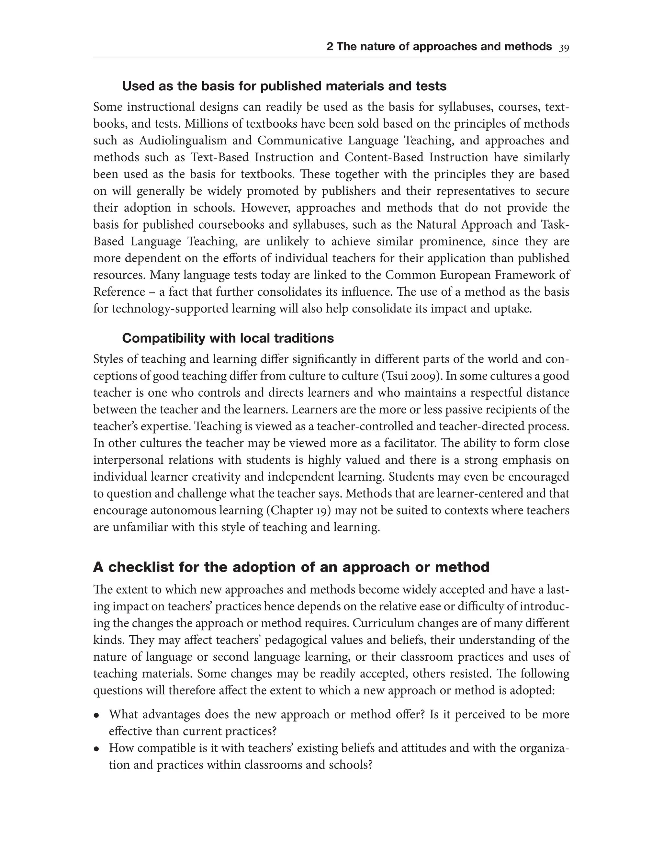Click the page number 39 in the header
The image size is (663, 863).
[x=564, y=48]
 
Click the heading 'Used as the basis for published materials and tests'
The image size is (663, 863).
[x=284, y=86]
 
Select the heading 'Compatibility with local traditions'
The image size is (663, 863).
[x=228, y=338]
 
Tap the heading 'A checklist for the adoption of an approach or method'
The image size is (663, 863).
[x=291, y=567]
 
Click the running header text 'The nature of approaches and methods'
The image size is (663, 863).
[x=444, y=47]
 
